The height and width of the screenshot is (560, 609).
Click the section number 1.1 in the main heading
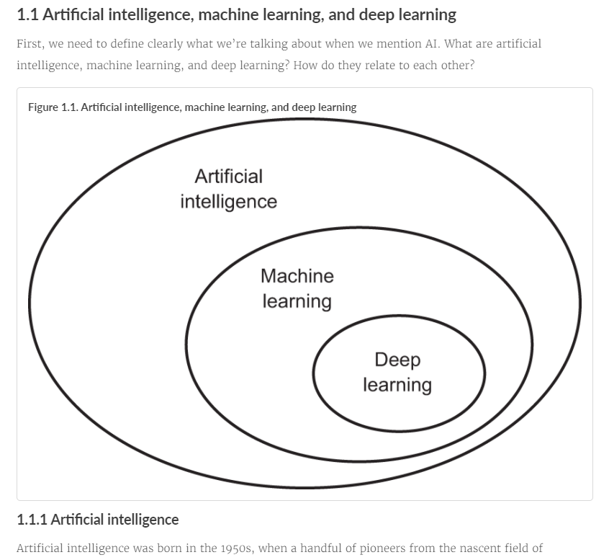click(x=28, y=14)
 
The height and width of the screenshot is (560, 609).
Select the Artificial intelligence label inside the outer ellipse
click(x=228, y=189)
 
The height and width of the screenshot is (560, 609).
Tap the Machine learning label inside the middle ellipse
click(x=297, y=288)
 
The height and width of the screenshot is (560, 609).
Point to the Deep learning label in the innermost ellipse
click(x=397, y=372)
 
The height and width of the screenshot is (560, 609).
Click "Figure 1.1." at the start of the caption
click(x=53, y=107)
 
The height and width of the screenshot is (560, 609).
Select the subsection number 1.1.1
click(x=32, y=520)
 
